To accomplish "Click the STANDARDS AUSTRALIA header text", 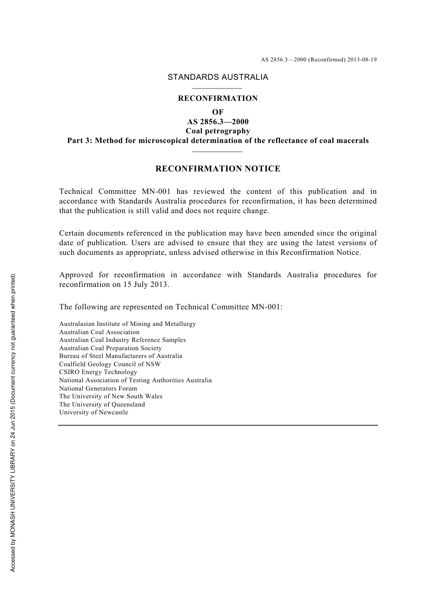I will click(x=218, y=77).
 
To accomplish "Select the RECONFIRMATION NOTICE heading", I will click(x=218, y=169).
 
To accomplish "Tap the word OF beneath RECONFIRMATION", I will click(x=218, y=112).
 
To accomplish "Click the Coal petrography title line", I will click(x=218, y=131).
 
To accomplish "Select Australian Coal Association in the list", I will click(x=99, y=332).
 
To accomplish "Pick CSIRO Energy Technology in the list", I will click(x=98, y=372).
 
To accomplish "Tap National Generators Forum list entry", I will click(x=98, y=388).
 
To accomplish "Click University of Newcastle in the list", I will click(x=94, y=412).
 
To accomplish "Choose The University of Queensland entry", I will click(x=102, y=405).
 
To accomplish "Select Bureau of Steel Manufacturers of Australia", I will click(x=121, y=356).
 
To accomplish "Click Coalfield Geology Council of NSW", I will click(x=110, y=364).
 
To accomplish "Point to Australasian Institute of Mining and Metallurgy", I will click(x=128, y=324).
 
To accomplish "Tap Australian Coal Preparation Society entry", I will click(x=111, y=348).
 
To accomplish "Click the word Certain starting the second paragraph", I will click(x=71, y=233).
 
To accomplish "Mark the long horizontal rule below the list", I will click(x=218, y=425).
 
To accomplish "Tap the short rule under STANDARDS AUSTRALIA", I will click(x=217, y=88).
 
